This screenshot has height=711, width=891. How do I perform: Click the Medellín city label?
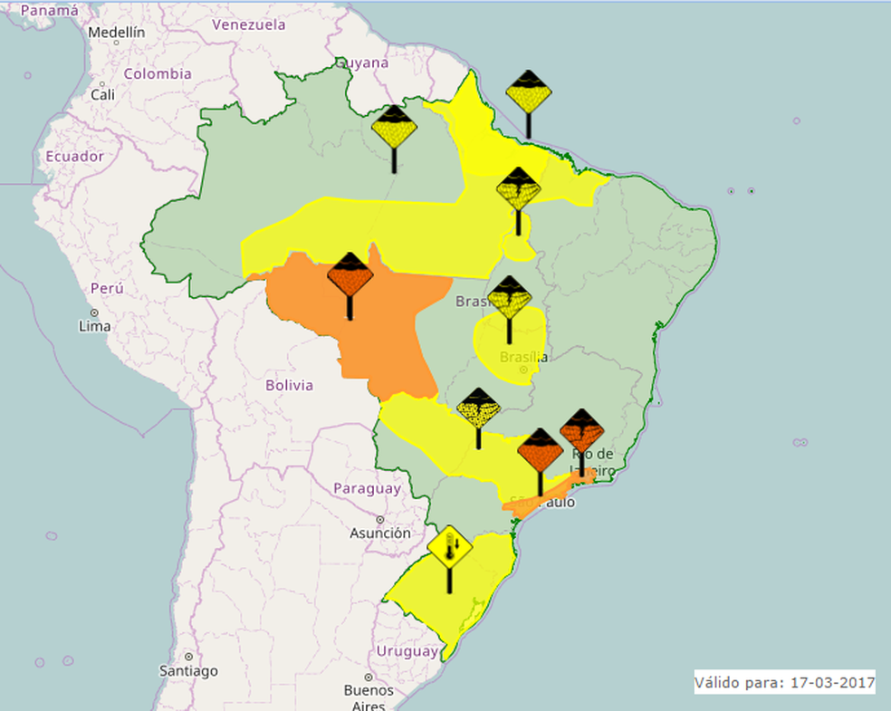tap(116, 32)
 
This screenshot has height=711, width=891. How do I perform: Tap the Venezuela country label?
tap(249, 25)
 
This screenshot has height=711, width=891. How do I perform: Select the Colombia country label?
tap(158, 74)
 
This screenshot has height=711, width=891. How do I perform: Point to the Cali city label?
tap(102, 94)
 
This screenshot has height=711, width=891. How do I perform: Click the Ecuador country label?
tap(74, 156)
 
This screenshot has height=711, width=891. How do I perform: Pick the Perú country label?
tap(106, 288)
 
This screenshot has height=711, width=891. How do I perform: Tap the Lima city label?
tap(94, 326)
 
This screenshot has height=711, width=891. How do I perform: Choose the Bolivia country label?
tap(289, 386)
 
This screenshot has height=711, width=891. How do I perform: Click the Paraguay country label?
tap(367, 488)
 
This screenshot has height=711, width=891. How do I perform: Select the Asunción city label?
tap(380, 533)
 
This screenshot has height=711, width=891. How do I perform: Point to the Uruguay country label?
tap(407, 651)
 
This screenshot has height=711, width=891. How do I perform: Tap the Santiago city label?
tap(188, 671)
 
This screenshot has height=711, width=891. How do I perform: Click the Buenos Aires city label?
tap(369, 697)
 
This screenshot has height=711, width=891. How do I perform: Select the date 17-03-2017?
tap(830, 682)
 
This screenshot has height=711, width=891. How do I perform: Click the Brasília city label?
tap(523, 357)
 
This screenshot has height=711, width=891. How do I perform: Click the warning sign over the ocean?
tap(529, 93)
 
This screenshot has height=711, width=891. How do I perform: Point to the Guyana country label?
tap(363, 63)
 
